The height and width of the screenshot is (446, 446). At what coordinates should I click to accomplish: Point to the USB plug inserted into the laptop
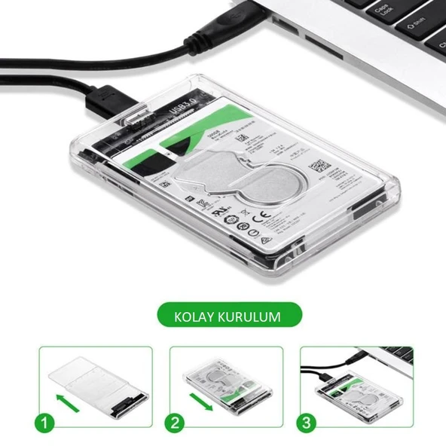(241, 17)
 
